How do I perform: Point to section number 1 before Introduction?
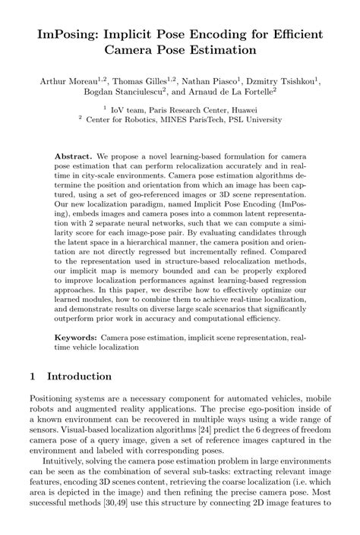33,376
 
